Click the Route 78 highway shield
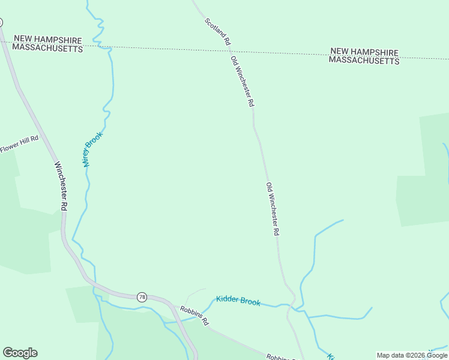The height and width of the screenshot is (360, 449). click(x=142, y=297)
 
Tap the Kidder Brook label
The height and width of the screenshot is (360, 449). click(x=238, y=301)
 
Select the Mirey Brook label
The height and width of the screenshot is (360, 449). click(x=92, y=149)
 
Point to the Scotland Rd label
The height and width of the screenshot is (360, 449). click(x=217, y=32)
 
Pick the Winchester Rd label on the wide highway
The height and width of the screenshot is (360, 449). click(x=60, y=185)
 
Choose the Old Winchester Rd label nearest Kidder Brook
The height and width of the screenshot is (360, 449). click(x=273, y=208)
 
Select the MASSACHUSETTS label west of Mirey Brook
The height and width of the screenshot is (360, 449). click(x=47, y=48)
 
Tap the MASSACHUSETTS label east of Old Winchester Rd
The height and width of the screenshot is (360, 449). click(x=364, y=61)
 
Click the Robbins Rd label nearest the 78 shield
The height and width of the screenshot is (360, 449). click(x=194, y=315)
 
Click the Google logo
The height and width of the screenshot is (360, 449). click(x=20, y=353)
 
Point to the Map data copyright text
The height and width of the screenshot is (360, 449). click(x=412, y=356)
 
